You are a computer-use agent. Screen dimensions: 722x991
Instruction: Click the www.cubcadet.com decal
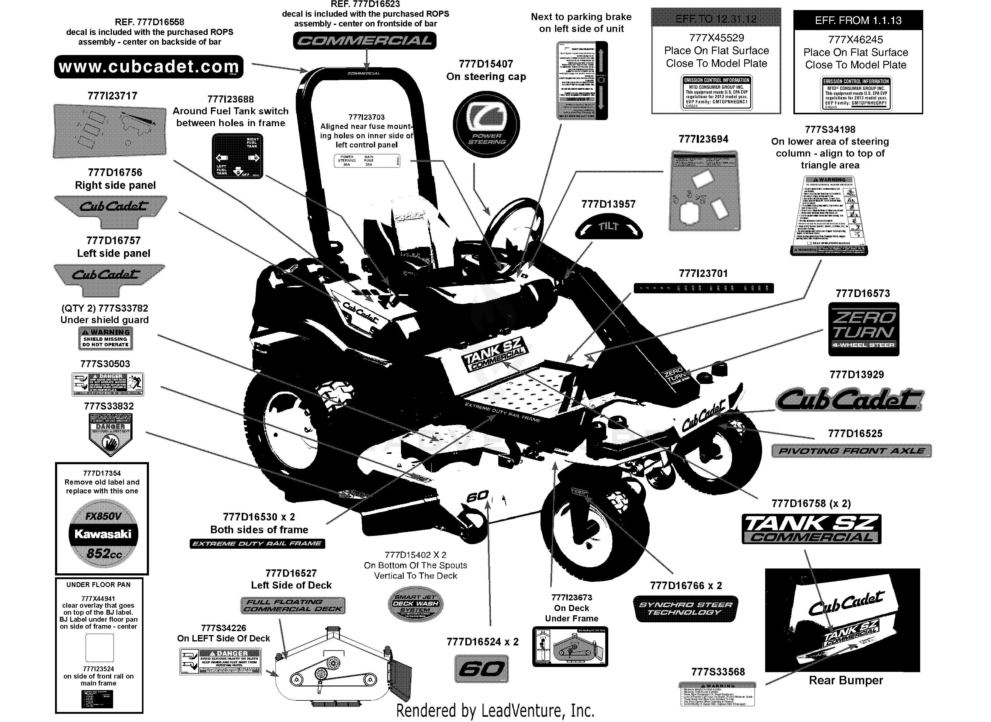click(149, 67)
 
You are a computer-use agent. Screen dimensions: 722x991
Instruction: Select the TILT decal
click(608, 227)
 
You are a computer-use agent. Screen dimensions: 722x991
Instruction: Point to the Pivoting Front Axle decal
click(851, 451)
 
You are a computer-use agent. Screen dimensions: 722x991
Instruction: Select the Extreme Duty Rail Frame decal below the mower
click(257, 544)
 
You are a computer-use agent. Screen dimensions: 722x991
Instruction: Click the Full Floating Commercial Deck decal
click(293, 605)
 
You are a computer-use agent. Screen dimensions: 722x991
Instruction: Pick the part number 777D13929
click(856, 375)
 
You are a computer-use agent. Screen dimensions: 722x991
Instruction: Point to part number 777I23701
click(703, 274)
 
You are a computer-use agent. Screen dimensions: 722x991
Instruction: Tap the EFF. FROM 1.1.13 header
click(858, 20)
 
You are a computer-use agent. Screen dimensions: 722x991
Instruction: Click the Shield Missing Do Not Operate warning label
click(105, 338)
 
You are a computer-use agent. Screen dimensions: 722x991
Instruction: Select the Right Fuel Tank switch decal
click(238, 156)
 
